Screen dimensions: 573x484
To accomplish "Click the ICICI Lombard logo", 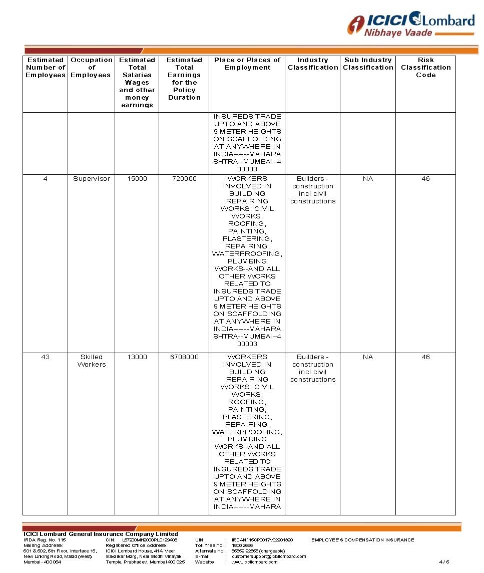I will (411, 24).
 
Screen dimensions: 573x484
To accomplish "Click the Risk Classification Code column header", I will (425, 68).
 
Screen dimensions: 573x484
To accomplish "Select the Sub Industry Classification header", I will (368, 64).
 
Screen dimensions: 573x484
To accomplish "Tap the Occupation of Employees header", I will (92, 68).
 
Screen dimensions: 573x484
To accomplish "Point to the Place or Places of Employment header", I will (247, 64).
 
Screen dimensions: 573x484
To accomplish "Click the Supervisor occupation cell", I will (92, 179).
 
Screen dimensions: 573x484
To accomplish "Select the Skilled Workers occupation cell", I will (92, 361).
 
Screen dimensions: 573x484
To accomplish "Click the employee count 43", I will (46, 357).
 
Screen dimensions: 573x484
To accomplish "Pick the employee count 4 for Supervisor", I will (46, 179).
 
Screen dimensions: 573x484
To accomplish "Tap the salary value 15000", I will (137, 179).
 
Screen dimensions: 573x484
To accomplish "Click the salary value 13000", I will (137, 357).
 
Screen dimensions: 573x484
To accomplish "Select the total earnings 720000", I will (184, 179).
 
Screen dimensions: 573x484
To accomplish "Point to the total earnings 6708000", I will (184, 357).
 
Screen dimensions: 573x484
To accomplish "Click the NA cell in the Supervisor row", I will (368, 179).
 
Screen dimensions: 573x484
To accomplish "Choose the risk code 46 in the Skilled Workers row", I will (425, 357).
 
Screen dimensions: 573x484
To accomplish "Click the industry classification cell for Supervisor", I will (313, 190).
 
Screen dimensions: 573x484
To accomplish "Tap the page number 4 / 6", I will (444, 562).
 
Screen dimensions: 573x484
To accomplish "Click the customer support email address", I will (269, 556).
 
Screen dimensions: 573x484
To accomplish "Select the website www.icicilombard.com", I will (254, 562).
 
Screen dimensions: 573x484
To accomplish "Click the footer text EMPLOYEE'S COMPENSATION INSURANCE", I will (363, 540).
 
